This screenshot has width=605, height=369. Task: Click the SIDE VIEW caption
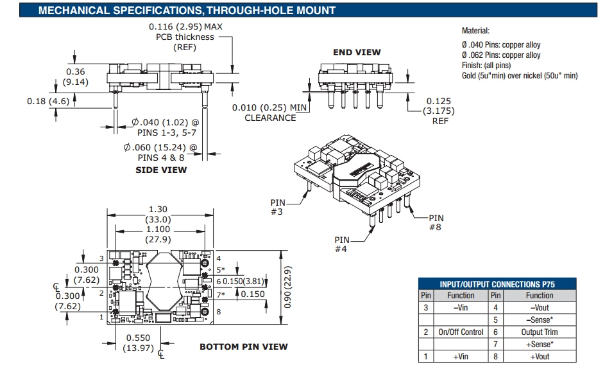[x=161, y=170]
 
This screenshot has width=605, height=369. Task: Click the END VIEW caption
[x=357, y=52]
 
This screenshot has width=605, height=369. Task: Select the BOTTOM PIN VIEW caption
[x=243, y=346]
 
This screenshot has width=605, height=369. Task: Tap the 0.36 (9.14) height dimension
[x=76, y=76]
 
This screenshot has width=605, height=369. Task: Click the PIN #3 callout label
[x=276, y=207]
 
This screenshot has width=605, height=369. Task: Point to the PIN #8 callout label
[x=436, y=222]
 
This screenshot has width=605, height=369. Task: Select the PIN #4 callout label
[x=341, y=244]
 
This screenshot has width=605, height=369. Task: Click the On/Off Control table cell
[x=461, y=332]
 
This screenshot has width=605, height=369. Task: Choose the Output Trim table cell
[x=540, y=332]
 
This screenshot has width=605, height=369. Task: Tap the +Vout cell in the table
[x=540, y=357]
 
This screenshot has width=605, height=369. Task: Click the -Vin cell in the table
[x=461, y=308]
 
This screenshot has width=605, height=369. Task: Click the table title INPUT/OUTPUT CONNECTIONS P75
[x=497, y=283]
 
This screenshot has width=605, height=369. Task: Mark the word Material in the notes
[x=475, y=30]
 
